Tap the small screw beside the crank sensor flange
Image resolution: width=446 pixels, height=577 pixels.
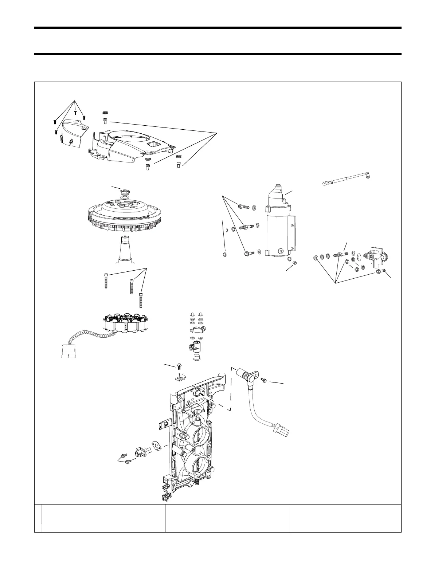[264, 380]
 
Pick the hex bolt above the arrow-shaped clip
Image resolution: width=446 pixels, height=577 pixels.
[179, 366]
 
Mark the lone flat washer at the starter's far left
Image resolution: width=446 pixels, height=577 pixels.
[224, 254]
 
